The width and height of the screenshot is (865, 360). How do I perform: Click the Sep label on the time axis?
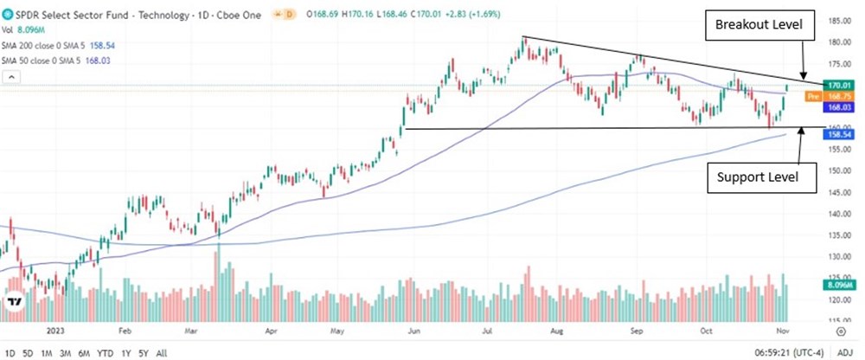coord(638,331)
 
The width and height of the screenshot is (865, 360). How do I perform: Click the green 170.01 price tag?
coord(836,85)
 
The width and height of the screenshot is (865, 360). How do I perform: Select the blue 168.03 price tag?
coord(836,107)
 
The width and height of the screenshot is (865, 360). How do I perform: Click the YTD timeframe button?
coord(106,353)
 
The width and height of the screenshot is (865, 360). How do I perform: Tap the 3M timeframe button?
coord(64,353)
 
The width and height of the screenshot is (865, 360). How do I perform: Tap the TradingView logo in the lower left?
coord(15,302)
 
